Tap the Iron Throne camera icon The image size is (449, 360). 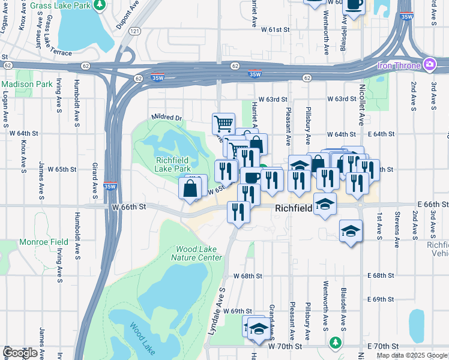click(x=430, y=64)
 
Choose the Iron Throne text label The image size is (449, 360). click(x=399, y=65)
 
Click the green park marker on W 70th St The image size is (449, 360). click(x=336, y=343)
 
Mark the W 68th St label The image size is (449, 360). click(x=248, y=276)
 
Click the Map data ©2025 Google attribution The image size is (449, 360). click(x=412, y=355)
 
